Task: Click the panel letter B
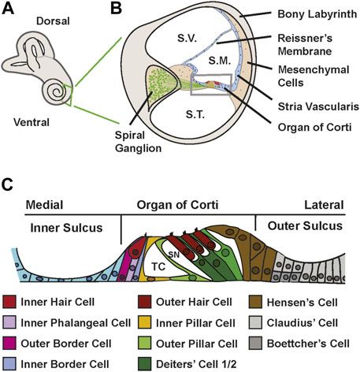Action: [x=117, y=10]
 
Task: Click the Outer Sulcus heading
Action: [x=302, y=225]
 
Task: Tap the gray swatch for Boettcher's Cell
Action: [x=254, y=344]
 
